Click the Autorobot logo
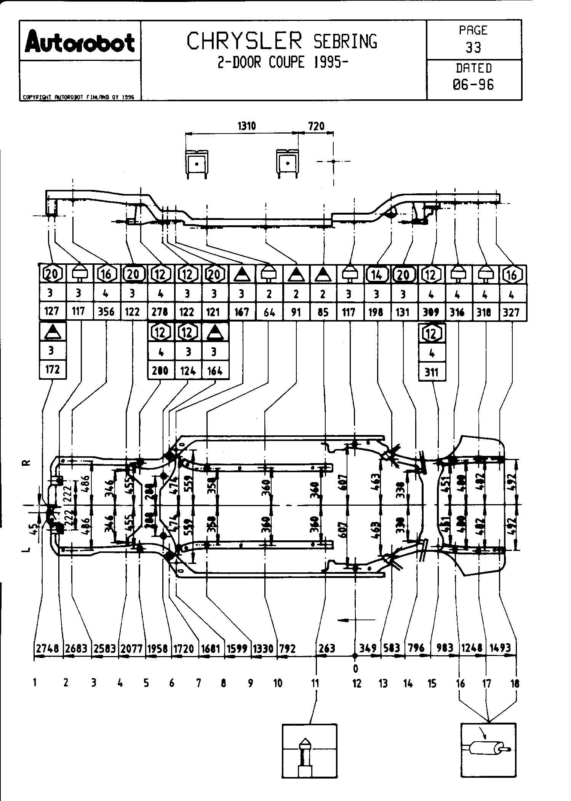(80, 42)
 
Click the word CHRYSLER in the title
(245, 41)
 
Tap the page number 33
(473, 48)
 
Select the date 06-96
(473, 84)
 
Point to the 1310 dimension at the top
(246, 126)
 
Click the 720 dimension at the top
(316, 126)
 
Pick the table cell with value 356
(106, 312)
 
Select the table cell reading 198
(376, 312)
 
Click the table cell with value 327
(511, 312)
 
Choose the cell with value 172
(53, 369)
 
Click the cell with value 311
(432, 372)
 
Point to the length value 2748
(48, 648)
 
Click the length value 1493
(500, 648)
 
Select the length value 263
(326, 648)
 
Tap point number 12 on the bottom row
(357, 683)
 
